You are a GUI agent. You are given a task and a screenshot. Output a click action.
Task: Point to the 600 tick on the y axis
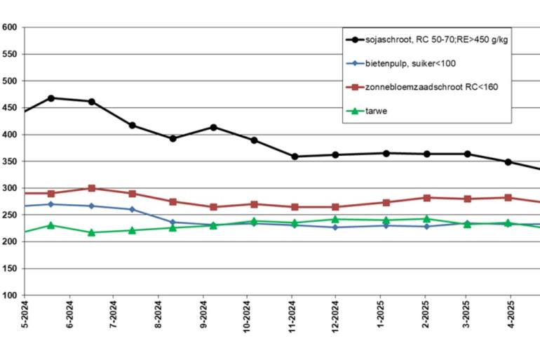coord(10,27)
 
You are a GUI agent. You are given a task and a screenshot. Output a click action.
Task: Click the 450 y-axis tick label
coord(10,108)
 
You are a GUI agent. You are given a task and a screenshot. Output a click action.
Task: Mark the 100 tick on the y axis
coord(10,295)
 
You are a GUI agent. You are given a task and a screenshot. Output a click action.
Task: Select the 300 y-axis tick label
coord(10,188)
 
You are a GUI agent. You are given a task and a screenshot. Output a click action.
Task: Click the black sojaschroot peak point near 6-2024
coord(50,98)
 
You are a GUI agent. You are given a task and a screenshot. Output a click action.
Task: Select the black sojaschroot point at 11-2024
coord(295,156)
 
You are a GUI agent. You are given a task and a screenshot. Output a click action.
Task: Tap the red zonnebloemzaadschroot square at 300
coord(92,188)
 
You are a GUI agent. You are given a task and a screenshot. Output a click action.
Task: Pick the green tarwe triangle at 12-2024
coord(335,219)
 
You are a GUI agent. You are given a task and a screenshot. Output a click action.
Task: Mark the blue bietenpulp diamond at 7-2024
coord(132,209)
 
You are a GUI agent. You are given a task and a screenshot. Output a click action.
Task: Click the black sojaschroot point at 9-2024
coord(213,127)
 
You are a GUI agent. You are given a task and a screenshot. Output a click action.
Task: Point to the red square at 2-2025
coord(426,197)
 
